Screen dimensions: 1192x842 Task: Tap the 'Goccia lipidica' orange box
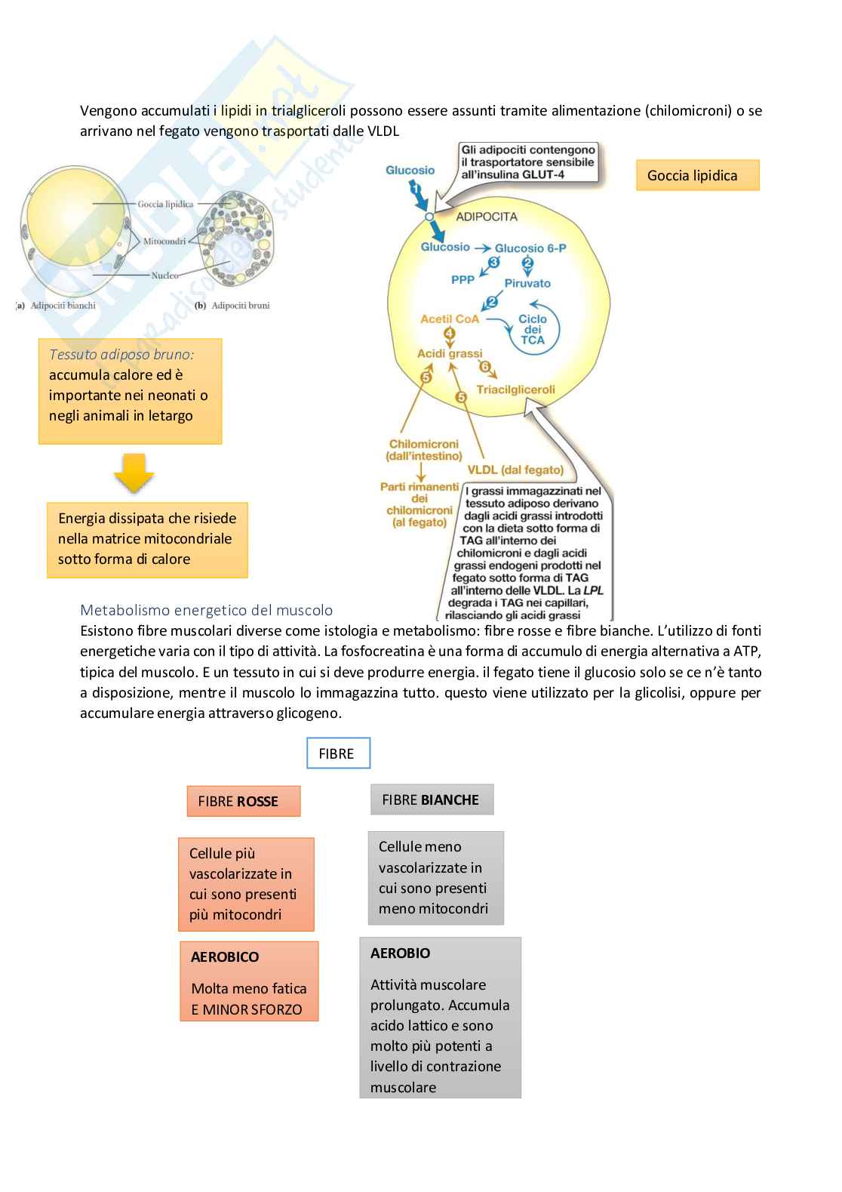pyautogui.click(x=697, y=175)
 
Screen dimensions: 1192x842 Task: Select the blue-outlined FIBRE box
pyautogui.click(x=338, y=753)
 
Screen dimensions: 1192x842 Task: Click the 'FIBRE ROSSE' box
pyautogui.click(x=243, y=801)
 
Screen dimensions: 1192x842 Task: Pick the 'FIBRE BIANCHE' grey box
pyautogui.click(x=432, y=799)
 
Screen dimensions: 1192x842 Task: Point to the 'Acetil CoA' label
pyautogui.click(x=450, y=319)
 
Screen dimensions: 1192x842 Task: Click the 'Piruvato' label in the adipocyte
pyautogui.click(x=527, y=283)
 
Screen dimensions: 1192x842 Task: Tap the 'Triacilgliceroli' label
pyautogui.click(x=515, y=390)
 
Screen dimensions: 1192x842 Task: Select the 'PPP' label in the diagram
pyautogui.click(x=462, y=279)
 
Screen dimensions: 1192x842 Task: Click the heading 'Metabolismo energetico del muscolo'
pyautogui.click(x=206, y=610)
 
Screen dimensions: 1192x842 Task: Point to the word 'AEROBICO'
pyautogui.click(x=225, y=956)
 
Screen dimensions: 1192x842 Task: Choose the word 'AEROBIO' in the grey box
pyautogui.click(x=400, y=953)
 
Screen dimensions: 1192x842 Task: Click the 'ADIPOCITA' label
pyautogui.click(x=487, y=217)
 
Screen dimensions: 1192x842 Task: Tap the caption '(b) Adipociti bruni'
pyautogui.click(x=232, y=306)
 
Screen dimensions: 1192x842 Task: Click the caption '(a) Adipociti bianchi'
pyautogui.click(x=57, y=306)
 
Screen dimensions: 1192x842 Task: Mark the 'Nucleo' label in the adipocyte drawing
pyautogui.click(x=164, y=276)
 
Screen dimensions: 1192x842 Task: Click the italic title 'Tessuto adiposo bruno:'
pyautogui.click(x=121, y=354)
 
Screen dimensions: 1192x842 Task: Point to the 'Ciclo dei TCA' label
pyautogui.click(x=533, y=329)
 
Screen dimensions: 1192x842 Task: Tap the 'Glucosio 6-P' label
pyautogui.click(x=530, y=248)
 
